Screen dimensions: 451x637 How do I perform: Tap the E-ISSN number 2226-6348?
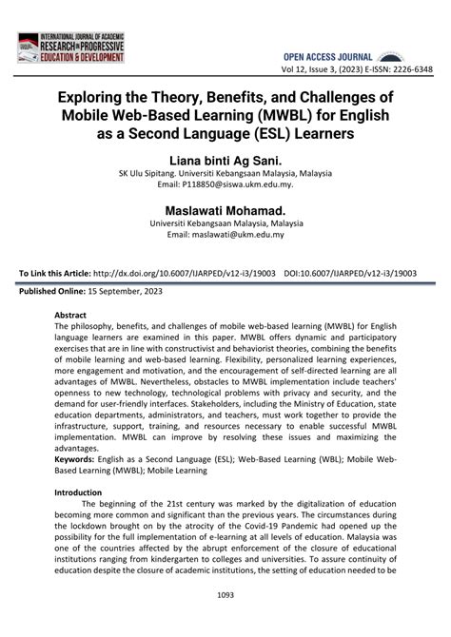pos(410,69)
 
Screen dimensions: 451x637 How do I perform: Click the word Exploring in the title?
pos(100,97)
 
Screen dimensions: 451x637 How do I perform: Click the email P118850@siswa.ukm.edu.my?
pos(242,185)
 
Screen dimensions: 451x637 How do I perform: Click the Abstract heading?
pos(70,312)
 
